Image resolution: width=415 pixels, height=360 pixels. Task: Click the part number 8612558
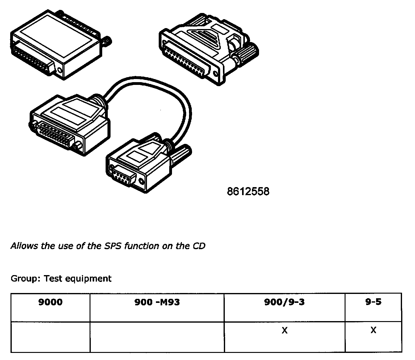pos(248,192)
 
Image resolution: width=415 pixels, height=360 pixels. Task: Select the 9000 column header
pos(50,302)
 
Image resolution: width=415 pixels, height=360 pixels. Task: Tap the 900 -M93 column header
pos(157,302)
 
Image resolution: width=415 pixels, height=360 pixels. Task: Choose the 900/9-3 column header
pos(284,302)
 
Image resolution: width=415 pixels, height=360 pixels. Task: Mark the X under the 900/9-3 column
pos(284,330)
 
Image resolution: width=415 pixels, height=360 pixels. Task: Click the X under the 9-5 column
pos(373,330)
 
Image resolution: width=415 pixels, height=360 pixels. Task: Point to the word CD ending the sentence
pos(199,246)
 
